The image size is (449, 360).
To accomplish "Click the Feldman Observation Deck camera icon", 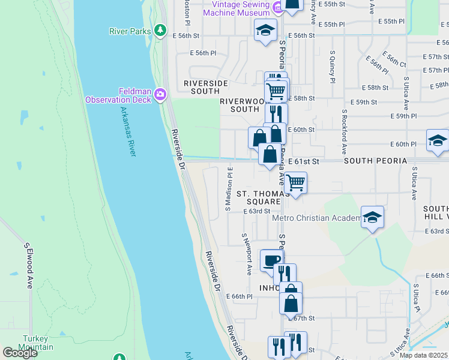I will pyautogui.click(x=160, y=95).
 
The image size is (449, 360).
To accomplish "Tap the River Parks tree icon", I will pyautogui.click(x=160, y=29).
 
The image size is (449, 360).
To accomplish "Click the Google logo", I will pyautogui.click(x=20, y=353).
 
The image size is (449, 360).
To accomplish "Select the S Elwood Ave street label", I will pyautogui.click(x=28, y=265).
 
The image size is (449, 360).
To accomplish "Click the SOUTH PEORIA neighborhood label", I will pyautogui.click(x=375, y=161).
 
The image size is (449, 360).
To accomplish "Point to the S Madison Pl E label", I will pyautogui.click(x=229, y=188).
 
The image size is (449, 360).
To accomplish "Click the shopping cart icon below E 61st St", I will pyautogui.click(x=295, y=182).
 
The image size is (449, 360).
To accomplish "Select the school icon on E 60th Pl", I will pyautogui.click(x=438, y=140).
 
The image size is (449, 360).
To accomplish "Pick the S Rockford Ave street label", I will pyautogui.click(x=345, y=130).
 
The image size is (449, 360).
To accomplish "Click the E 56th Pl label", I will pyautogui.click(x=203, y=53).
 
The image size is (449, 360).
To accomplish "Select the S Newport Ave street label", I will pyautogui.click(x=247, y=254).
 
